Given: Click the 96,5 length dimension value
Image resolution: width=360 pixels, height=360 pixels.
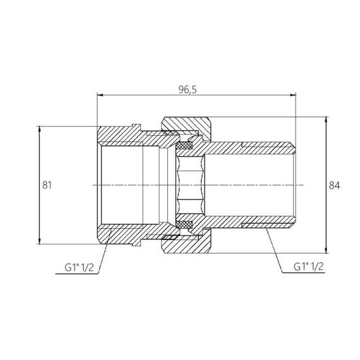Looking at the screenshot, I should (196, 90).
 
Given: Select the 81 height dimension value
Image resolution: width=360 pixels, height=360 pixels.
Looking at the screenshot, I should (46, 185).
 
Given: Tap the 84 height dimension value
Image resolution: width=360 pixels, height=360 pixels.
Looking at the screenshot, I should (335, 185).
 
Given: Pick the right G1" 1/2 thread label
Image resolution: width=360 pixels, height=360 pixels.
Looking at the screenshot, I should (309, 267).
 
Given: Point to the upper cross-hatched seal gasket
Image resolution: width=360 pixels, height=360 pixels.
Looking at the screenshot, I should (184, 147).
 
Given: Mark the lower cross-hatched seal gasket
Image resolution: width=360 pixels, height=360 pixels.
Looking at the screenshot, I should (184, 224).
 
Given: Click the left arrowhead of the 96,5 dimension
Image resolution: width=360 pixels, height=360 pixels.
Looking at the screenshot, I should (99, 96).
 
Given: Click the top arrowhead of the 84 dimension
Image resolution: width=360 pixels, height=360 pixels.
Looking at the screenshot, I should (326, 120).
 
